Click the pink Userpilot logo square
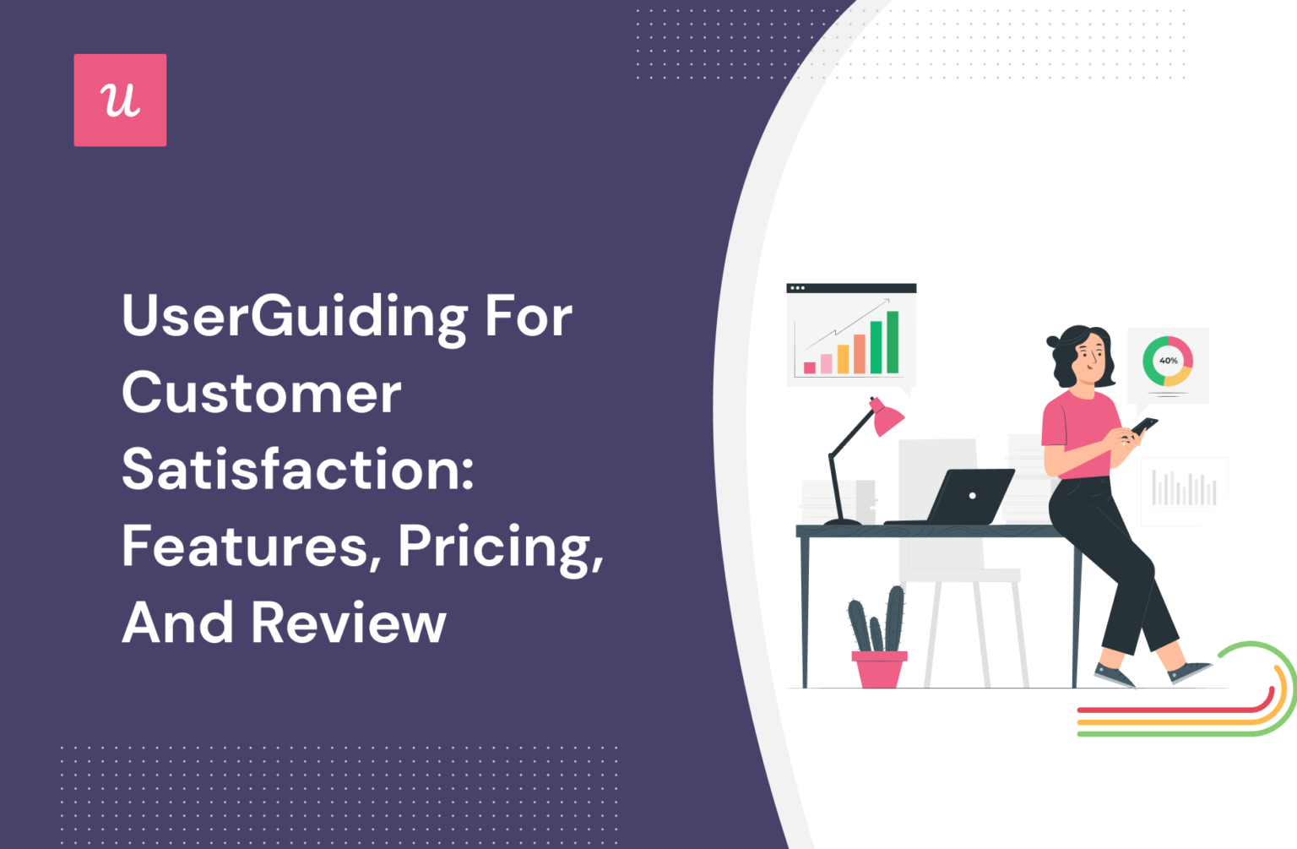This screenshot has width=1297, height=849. click(120, 100)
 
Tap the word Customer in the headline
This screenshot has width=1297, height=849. click(262, 394)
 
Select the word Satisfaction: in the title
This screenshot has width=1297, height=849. click(298, 470)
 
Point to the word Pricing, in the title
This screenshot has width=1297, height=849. click(500, 547)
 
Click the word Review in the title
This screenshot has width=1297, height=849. click(348, 623)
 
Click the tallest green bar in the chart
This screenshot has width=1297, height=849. click(892, 342)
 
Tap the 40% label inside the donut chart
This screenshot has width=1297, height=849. click(1168, 361)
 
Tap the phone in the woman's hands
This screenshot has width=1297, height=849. click(1144, 425)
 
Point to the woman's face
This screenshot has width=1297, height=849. click(1089, 354)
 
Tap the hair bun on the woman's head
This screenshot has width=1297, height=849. click(1053, 341)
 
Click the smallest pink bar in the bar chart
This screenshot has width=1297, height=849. click(810, 367)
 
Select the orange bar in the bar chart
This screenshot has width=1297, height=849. click(860, 353)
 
